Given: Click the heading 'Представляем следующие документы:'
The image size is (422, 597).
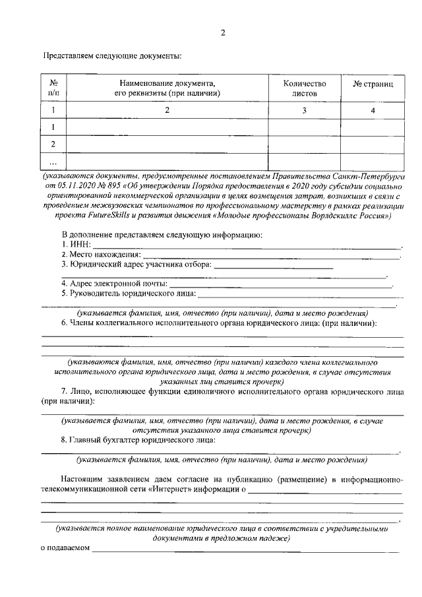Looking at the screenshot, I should [x=112, y=56].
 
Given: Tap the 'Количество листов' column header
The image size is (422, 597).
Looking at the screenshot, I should [x=304, y=88].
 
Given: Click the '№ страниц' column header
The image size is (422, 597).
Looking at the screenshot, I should [x=372, y=85].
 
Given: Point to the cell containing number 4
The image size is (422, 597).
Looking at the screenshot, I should [x=373, y=111].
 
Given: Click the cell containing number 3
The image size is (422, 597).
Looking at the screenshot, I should [x=304, y=111].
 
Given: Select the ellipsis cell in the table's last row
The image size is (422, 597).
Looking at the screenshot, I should [x=53, y=162].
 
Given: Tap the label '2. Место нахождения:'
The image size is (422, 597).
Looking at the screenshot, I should [x=101, y=255].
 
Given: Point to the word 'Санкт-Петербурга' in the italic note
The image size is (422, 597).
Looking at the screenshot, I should [x=371, y=177].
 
